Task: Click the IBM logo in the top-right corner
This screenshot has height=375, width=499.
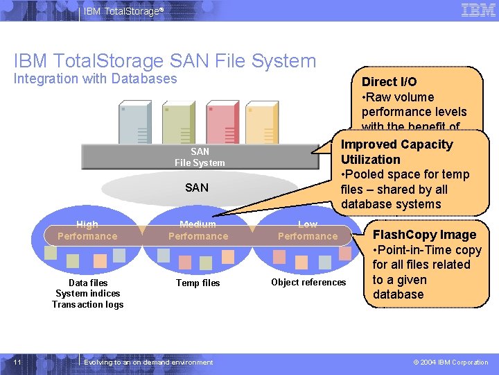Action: (478, 10)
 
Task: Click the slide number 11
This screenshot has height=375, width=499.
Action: (17, 362)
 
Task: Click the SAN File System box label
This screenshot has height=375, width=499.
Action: (200, 157)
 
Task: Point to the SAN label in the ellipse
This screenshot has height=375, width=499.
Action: (197, 187)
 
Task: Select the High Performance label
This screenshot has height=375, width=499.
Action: (87, 231)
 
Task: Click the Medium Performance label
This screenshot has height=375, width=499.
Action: (198, 231)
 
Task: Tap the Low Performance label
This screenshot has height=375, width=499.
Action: (307, 231)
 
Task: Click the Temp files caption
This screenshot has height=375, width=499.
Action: (198, 283)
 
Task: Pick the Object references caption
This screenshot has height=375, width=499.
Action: (308, 282)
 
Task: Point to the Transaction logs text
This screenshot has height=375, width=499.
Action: (88, 305)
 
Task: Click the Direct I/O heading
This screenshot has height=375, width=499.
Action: (389, 82)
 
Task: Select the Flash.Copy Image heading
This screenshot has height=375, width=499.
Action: (424, 235)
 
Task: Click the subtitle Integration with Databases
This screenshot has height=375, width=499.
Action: (96, 78)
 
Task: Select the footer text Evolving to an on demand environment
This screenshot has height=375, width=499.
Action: (148, 362)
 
